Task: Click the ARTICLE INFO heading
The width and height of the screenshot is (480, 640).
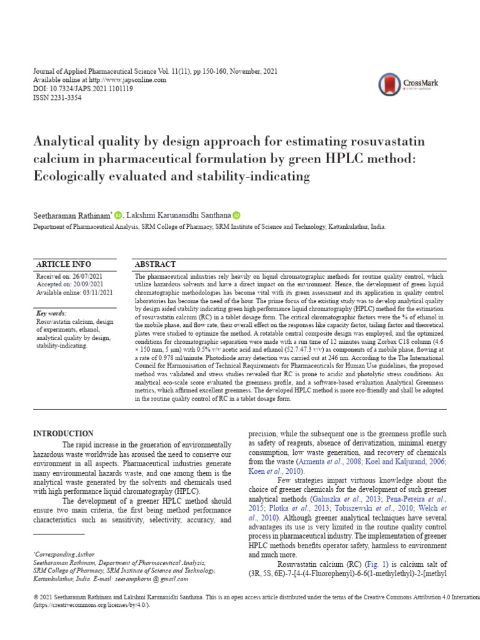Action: coord(63,264)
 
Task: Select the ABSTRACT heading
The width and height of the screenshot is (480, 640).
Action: coord(156,264)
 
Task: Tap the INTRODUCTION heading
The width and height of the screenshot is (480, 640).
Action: coord(62,434)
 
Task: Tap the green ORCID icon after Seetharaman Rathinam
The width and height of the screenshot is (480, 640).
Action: coord(119,215)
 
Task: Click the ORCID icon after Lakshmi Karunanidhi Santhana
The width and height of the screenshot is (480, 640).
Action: coord(236,215)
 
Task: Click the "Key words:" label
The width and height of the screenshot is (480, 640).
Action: coord(51,313)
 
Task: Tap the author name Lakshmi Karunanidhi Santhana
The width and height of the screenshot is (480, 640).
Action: coord(179,215)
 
